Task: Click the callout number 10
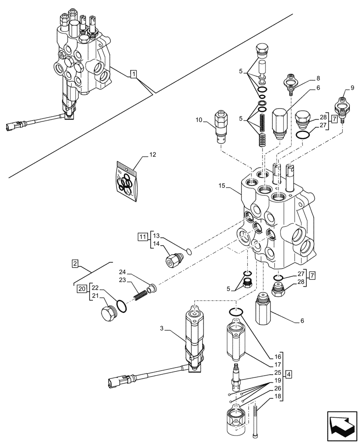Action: click(x=199, y=119)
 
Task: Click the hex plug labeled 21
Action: click(x=107, y=314)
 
